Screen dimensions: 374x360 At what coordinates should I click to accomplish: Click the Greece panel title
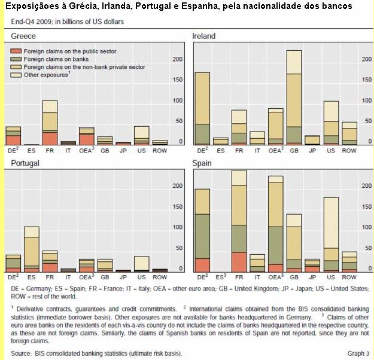pos(23,36)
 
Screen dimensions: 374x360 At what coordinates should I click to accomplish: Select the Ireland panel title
pos(203,36)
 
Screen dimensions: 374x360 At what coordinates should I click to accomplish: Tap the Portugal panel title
pos(25,163)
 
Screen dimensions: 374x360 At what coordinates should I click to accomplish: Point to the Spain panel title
pos(202,163)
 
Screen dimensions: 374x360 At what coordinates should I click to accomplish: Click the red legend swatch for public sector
pos(16,51)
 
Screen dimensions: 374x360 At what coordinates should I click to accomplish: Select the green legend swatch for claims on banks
pos(16,59)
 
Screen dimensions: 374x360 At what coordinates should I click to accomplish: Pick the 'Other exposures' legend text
pos(46,75)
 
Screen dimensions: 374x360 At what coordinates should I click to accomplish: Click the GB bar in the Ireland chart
pos(294,97)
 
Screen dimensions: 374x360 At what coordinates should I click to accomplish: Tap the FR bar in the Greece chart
pos(50,123)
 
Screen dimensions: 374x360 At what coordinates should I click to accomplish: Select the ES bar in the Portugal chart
pos(32,249)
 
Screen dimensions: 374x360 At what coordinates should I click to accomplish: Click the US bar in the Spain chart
pos(331,235)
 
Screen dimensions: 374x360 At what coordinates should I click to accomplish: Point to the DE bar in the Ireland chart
pos(202,109)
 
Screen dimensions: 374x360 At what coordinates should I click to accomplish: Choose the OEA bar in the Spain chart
pos(276,224)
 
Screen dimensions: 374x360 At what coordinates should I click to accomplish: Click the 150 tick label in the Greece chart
pos(178,80)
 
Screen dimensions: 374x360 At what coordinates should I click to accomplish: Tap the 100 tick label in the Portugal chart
pos(178,227)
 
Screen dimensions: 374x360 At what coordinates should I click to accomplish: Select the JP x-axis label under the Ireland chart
pos(312,151)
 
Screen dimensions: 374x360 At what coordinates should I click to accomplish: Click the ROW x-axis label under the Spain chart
pos(349,277)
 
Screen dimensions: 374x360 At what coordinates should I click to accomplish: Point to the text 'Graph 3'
pos(358,353)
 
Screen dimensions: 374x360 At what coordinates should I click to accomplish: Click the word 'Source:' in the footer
pos(21,353)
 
